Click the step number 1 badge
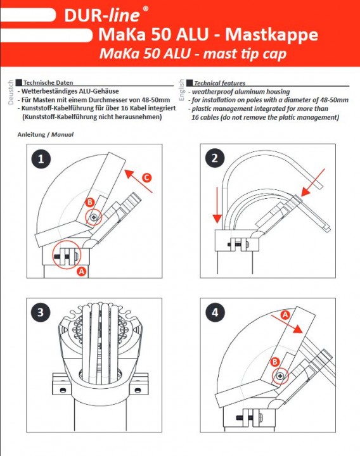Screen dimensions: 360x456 click(41, 159)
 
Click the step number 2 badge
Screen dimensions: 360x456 click(214, 158)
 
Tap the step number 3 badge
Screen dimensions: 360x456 click(41, 313)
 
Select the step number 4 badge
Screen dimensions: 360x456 click(214, 313)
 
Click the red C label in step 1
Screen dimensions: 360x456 click(147, 177)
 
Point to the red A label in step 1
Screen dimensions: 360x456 click(82, 271)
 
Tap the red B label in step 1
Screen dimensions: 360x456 click(89, 203)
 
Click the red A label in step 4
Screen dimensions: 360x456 click(285, 314)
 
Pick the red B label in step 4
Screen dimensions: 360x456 click(274, 362)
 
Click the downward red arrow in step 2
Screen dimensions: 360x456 click(217, 206)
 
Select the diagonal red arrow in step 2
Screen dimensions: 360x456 click(313, 182)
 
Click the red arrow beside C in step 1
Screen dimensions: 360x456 click(138, 181)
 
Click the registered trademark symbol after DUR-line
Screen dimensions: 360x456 click(146, 8)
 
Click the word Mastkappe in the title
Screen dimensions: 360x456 click(272, 35)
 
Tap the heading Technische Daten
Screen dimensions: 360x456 click(48, 82)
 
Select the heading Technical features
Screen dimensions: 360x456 click(220, 83)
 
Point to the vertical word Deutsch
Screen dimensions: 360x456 click(11, 92)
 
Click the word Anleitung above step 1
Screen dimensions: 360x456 click(32, 135)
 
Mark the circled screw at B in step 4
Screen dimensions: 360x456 click(280, 377)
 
